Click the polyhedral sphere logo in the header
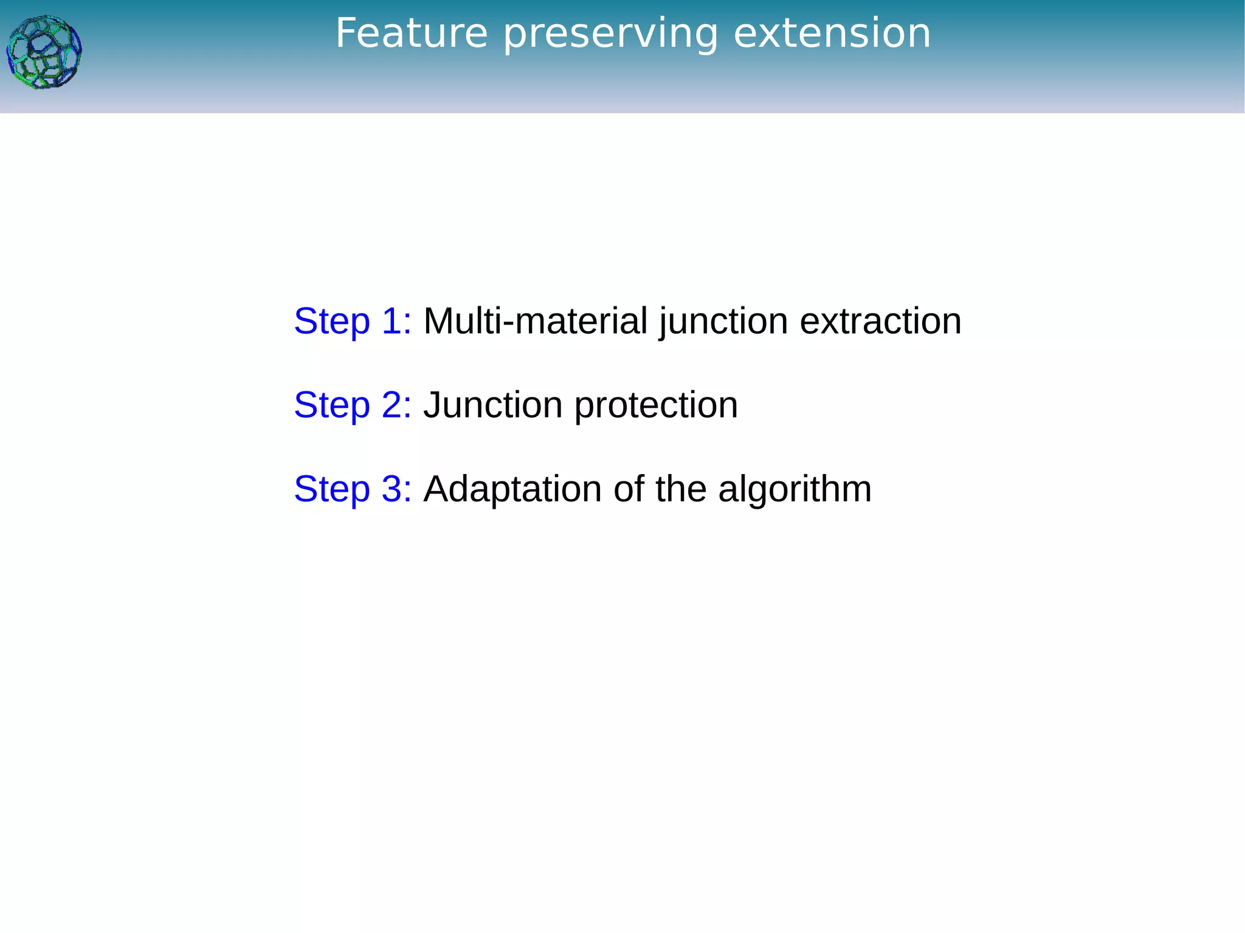tap(44, 53)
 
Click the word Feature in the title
tap(412, 33)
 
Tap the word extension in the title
tap(832, 33)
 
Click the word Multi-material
tap(535, 321)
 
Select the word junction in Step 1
tap(723, 321)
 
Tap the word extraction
tap(880, 321)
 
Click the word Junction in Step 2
tap(493, 405)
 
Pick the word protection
tap(656, 405)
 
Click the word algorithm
tap(795, 489)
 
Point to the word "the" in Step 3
tap(681, 489)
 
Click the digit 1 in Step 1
tap(390, 321)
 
